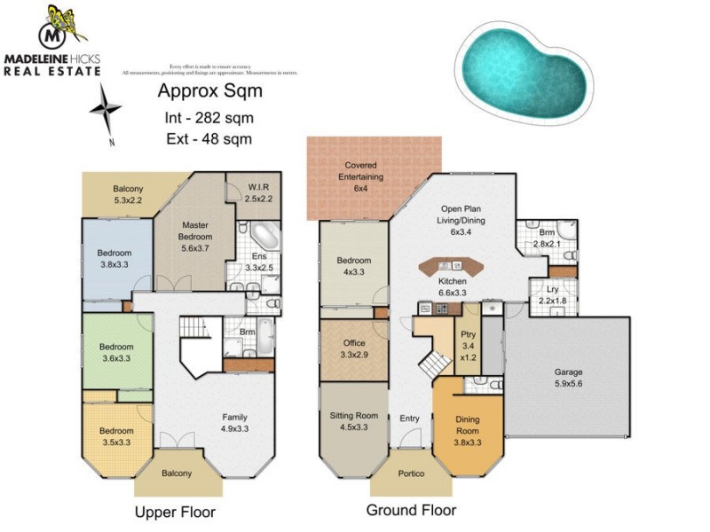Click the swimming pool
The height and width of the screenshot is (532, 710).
coord(524,66)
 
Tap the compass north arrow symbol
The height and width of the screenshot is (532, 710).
coord(106,110)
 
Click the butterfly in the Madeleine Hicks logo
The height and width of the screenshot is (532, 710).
coord(66,21)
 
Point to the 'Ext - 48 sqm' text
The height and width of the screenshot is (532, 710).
coord(209,138)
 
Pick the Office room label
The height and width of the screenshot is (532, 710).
coord(353,348)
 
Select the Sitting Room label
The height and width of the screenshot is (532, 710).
coord(353,419)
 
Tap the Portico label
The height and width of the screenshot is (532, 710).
coord(410,474)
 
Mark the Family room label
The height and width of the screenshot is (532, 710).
coord(234,423)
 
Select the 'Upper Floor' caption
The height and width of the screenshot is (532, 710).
coord(175,512)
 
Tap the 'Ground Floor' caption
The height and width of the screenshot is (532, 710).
coord(412,511)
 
